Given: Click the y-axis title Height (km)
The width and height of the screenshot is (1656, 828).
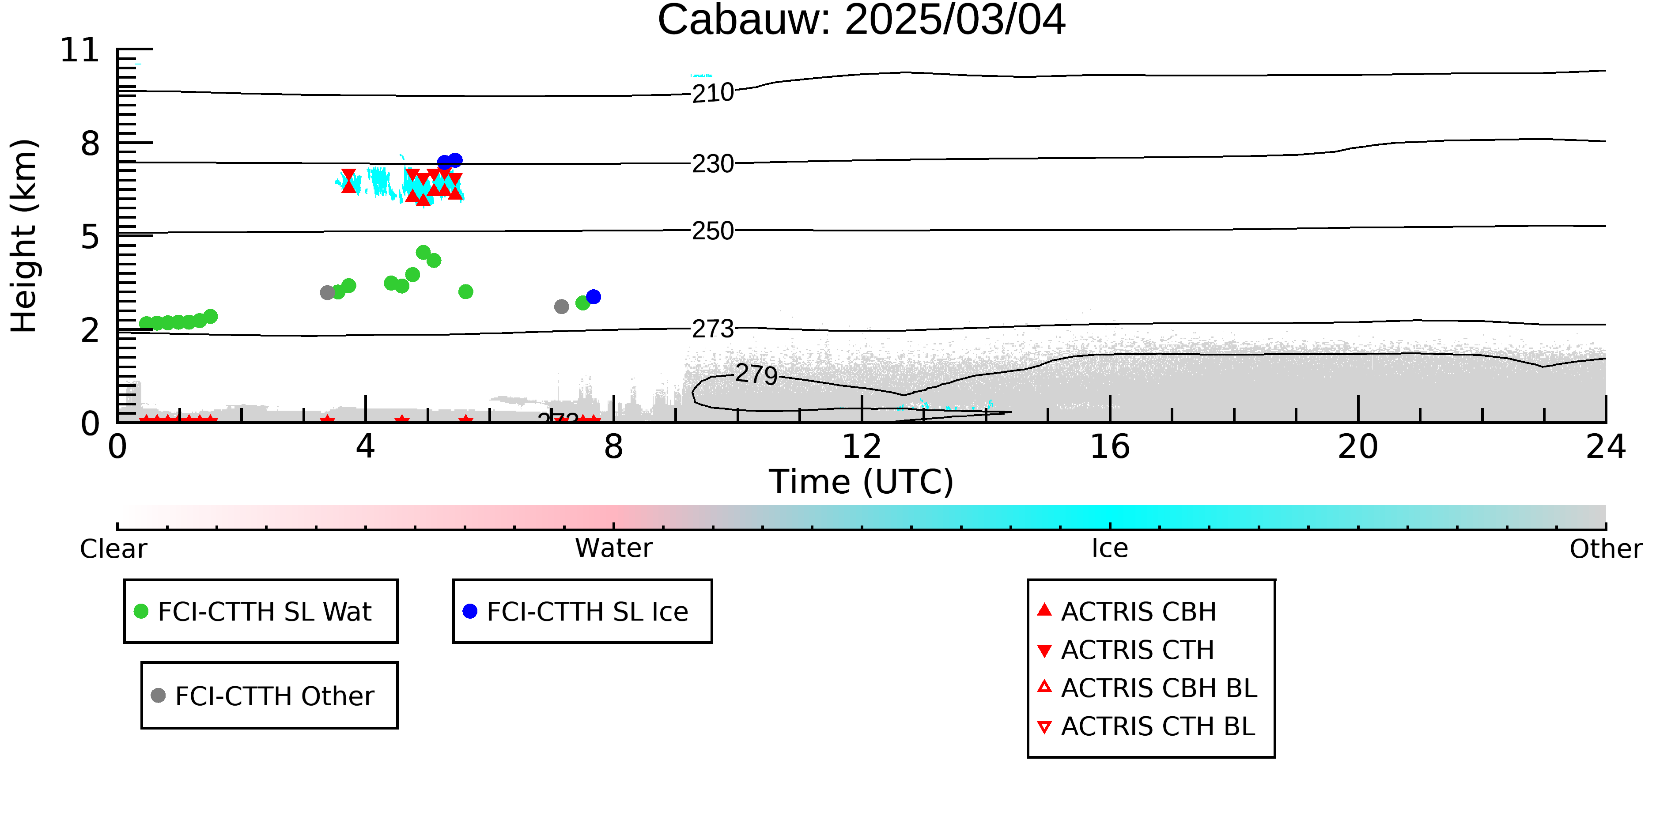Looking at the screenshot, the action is click(24, 236).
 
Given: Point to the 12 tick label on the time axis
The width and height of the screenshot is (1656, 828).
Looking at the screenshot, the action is click(862, 447).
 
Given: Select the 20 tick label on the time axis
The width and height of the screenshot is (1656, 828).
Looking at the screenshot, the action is click(1358, 447).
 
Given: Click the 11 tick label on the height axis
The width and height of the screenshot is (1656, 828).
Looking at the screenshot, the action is click(80, 50).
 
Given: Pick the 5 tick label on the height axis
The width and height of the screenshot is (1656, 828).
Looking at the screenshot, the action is click(91, 237).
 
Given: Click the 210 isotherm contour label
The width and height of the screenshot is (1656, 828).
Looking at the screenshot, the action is click(713, 93).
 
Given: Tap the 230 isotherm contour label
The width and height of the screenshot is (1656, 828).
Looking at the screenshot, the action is click(713, 164).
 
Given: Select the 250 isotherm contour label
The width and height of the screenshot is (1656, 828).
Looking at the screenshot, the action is click(713, 231).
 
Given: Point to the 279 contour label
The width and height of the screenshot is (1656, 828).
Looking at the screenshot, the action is click(756, 374).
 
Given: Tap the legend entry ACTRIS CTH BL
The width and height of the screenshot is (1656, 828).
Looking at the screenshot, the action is click(1146, 726).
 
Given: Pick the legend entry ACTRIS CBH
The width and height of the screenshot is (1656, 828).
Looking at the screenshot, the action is click(1127, 611).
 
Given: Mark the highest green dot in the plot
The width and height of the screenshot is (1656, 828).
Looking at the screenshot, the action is click(423, 253).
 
